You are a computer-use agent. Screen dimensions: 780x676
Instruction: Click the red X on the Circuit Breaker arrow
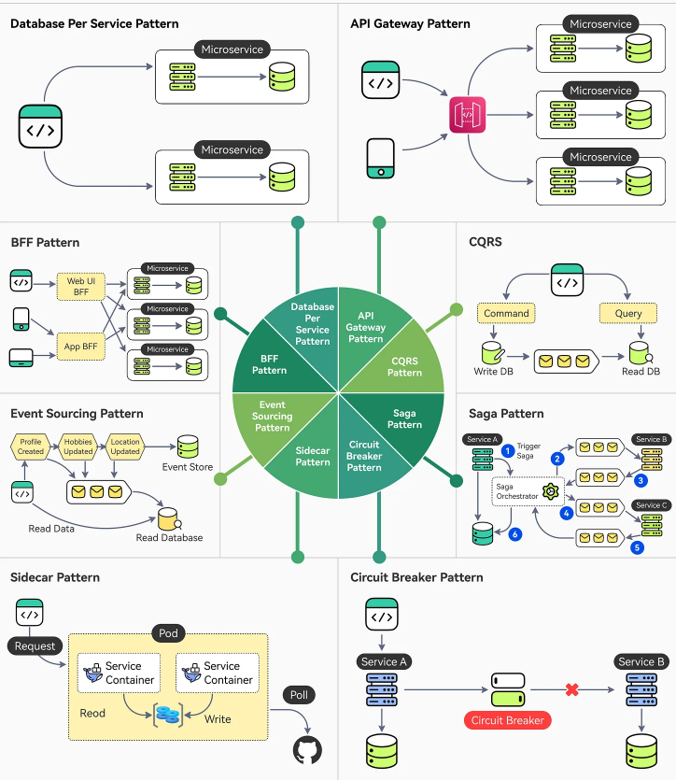click(x=572, y=689)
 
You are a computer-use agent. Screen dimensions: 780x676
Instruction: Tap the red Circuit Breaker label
click(x=507, y=720)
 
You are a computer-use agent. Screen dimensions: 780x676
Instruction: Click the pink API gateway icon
click(x=467, y=116)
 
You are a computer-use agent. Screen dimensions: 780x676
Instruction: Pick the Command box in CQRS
click(x=506, y=314)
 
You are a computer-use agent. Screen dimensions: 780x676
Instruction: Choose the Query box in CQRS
click(x=627, y=314)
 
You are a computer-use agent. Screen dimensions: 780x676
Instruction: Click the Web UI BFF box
click(x=82, y=286)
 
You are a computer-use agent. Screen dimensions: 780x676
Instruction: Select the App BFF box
click(x=82, y=347)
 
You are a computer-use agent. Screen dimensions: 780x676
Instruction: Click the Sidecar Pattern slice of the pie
click(x=312, y=455)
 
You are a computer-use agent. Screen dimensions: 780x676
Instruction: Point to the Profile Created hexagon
click(x=31, y=445)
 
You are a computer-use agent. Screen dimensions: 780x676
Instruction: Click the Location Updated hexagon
click(x=124, y=445)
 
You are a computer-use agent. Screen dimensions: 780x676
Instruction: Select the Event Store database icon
click(x=188, y=447)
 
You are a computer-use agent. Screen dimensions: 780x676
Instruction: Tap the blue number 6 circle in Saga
click(x=514, y=534)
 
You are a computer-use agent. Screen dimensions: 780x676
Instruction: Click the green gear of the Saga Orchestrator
click(x=550, y=491)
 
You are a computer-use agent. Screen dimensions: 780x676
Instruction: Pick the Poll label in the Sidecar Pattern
click(x=300, y=695)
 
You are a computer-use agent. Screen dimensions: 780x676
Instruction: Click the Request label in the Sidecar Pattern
click(x=35, y=645)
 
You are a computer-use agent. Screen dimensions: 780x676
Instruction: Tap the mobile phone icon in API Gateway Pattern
click(x=379, y=158)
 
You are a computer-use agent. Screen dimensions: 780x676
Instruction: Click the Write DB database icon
click(x=492, y=353)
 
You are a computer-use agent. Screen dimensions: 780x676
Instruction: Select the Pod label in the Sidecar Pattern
click(x=168, y=633)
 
